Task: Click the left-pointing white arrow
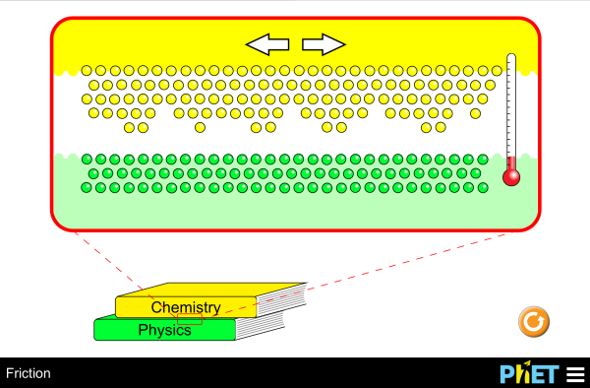tap(266, 44)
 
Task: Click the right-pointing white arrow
tap(324, 44)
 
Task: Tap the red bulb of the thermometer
tap(510, 177)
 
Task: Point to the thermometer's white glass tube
tap(510, 108)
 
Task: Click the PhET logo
tap(528, 374)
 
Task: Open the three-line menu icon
tap(574, 374)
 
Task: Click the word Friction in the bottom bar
tap(29, 374)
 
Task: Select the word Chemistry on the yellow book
tap(185, 307)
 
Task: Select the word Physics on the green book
tap(164, 330)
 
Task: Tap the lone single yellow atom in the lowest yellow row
tap(200, 127)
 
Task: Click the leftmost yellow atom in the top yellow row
tap(87, 71)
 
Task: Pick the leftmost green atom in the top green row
tap(87, 159)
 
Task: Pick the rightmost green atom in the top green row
tap(481, 159)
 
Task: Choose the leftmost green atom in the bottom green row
tap(87, 186)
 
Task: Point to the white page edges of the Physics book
tap(259, 326)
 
